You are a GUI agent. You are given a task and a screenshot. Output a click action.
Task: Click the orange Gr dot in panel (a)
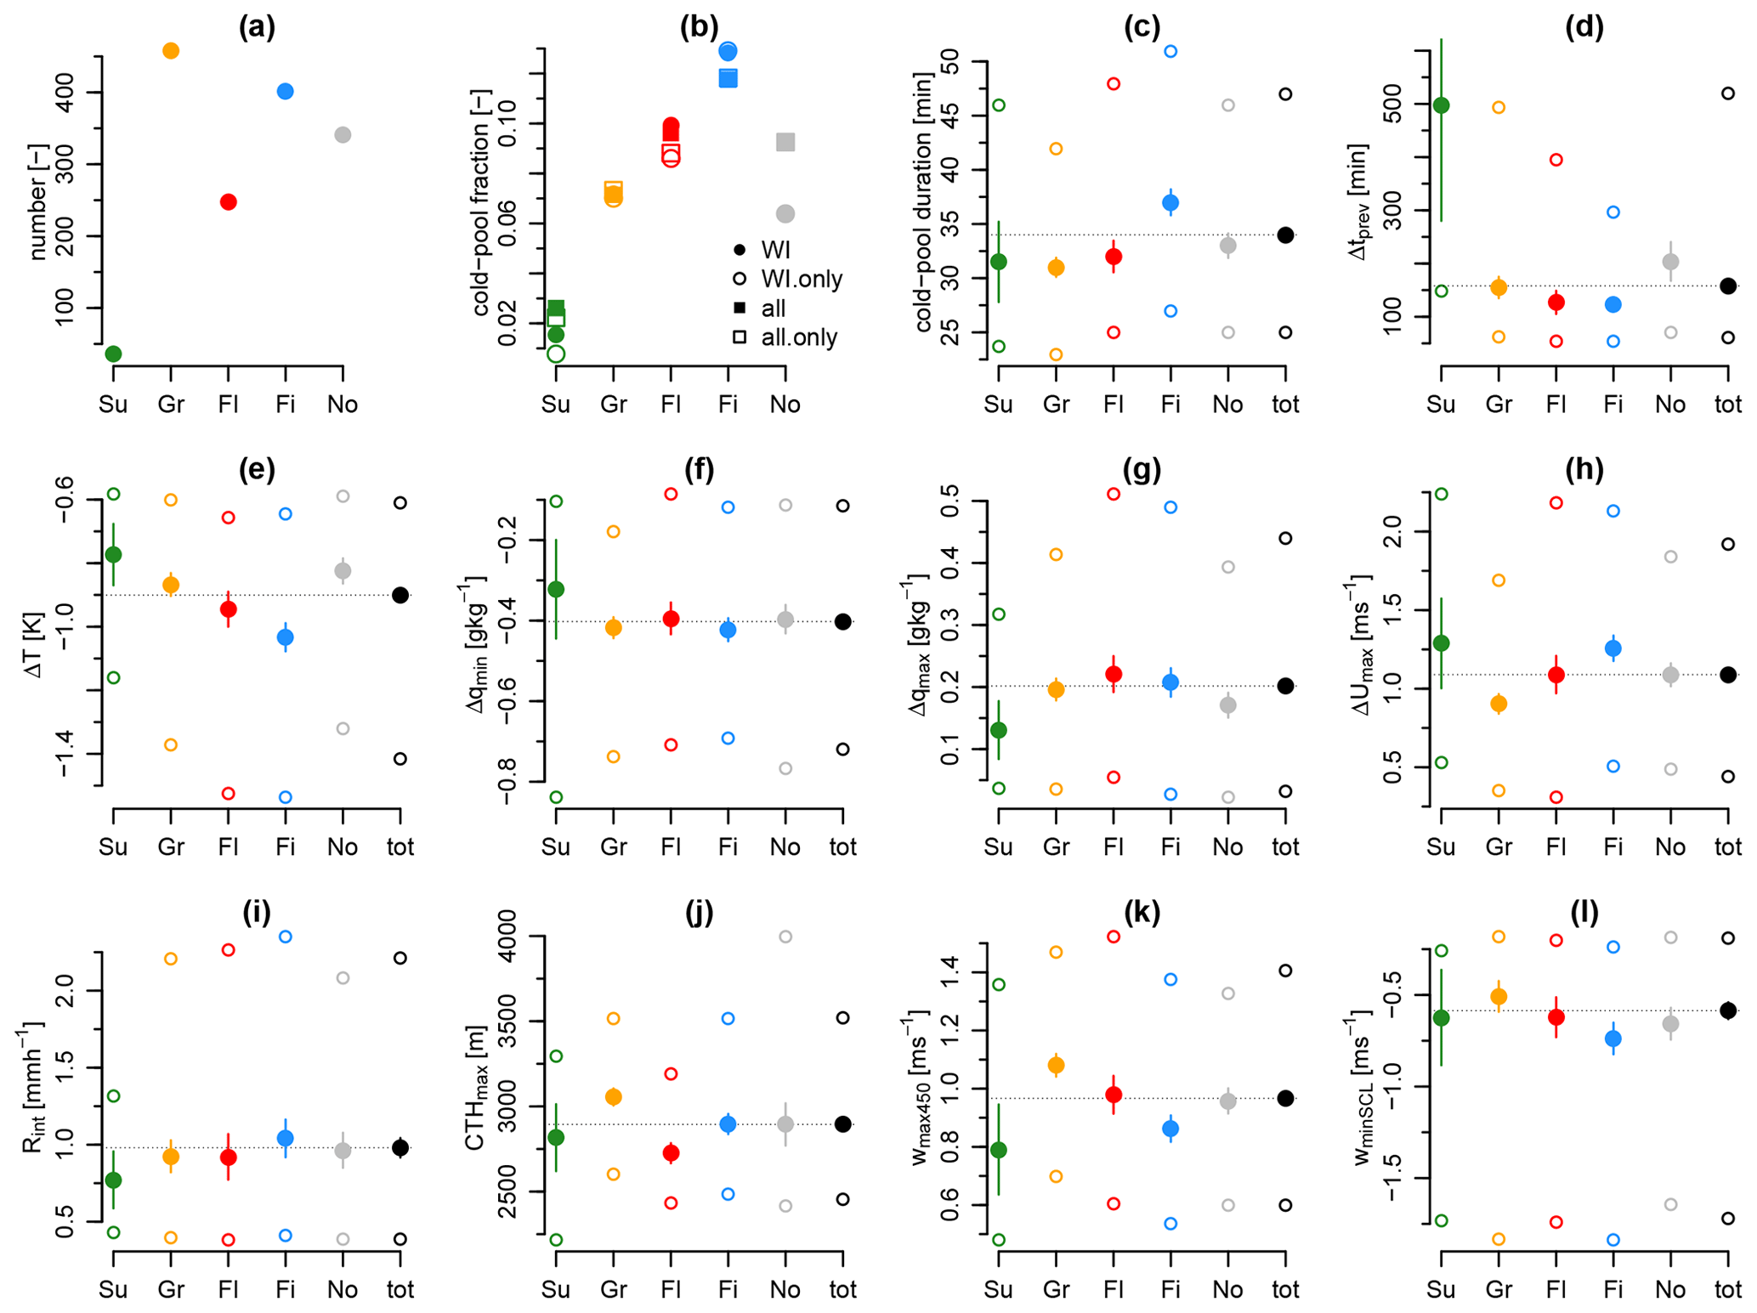(171, 51)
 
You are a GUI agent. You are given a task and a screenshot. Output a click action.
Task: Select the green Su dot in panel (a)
(113, 354)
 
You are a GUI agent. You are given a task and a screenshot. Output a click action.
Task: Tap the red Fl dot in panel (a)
(228, 202)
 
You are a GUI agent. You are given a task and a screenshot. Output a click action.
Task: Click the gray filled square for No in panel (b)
(785, 142)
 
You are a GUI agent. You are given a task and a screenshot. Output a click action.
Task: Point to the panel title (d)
(1584, 27)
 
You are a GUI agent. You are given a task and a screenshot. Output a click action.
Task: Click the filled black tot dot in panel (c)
(1285, 235)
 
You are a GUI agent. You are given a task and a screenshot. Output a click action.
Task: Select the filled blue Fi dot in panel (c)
(1170, 203)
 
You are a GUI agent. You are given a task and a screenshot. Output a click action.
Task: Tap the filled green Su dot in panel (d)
(1442, 105)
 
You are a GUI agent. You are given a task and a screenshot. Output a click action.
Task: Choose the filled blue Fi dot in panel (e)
(286, 637)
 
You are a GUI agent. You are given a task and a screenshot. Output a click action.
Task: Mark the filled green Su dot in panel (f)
(556, 589)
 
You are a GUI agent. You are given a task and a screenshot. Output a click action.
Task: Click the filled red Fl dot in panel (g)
(1114, 674)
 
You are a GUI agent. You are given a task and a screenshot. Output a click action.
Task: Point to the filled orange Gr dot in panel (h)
(1499, 704)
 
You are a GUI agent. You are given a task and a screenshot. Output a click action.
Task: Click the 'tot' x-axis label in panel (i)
(400, 1289)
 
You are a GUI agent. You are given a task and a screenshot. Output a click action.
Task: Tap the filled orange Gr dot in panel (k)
(1056, 1065)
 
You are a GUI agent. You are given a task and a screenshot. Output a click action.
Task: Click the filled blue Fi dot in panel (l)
(1613, 1039)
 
